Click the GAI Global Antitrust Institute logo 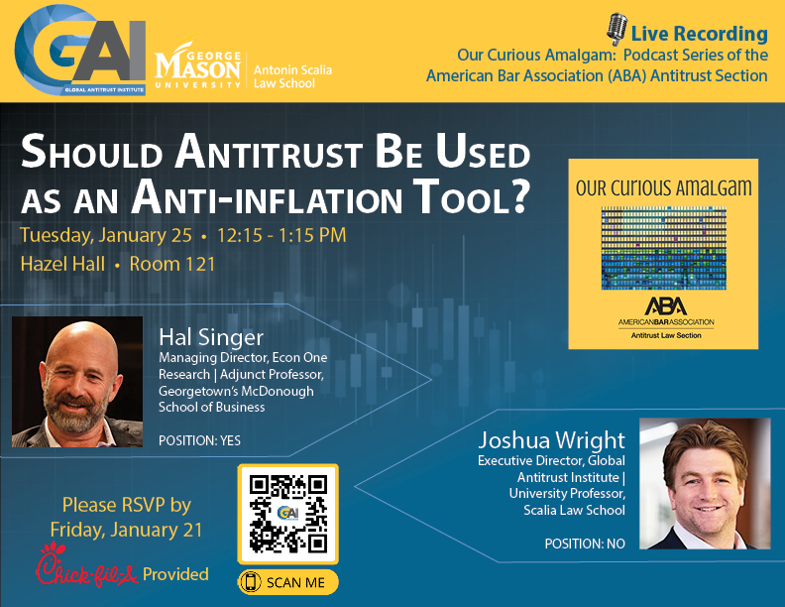[80, 51]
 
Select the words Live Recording [700, 33]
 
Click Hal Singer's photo [77, 382]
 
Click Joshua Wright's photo [704, 483]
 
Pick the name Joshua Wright [551, 440]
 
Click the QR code [288, 514]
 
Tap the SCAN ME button [288, 582]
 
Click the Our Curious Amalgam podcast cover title [663, 187]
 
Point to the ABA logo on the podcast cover [664, 307]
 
